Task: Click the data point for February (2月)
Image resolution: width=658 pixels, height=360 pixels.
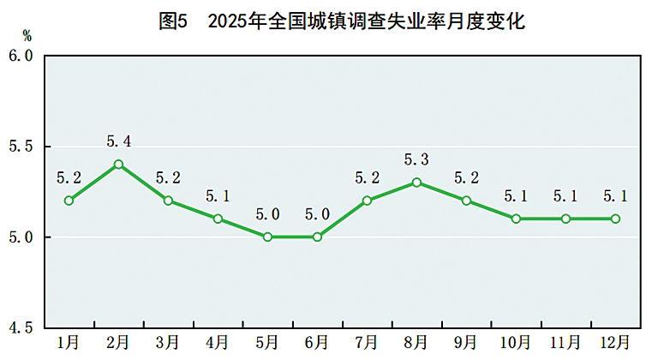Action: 118,164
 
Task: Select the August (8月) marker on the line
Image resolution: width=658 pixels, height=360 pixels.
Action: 416,182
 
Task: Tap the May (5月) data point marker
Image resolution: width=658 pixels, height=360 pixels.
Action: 267,237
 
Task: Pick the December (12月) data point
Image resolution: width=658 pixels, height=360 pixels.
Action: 615,219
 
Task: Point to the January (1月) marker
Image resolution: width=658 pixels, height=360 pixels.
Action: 69,201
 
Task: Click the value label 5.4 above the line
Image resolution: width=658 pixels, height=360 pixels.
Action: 118,141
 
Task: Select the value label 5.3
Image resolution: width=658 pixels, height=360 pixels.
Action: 416,159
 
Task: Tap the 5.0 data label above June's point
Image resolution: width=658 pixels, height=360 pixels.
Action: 317,213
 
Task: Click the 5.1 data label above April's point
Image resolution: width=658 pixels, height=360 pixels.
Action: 218,196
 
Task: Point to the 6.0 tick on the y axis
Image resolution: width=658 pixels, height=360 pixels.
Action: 21,56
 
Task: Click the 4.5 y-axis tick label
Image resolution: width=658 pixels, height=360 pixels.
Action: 21,327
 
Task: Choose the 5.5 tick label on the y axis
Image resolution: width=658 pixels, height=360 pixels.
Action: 21,147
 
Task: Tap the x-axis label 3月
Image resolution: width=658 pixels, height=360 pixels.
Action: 168,343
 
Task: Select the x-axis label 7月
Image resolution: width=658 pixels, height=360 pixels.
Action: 367,343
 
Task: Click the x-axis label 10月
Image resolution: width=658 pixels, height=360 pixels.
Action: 516,343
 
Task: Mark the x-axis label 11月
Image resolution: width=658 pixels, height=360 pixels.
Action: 565,343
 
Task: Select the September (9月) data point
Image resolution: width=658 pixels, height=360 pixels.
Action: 466,201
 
